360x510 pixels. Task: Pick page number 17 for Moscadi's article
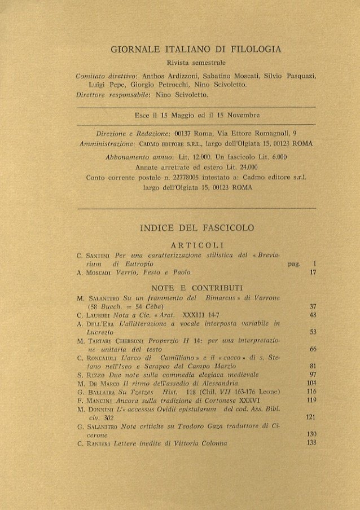tap(313, 273)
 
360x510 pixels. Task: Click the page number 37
tap(313, 306)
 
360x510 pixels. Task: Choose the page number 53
tap(313, 332)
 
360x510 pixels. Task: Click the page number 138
tap(312, 443)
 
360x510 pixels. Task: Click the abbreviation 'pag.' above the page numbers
tap(294, 263)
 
